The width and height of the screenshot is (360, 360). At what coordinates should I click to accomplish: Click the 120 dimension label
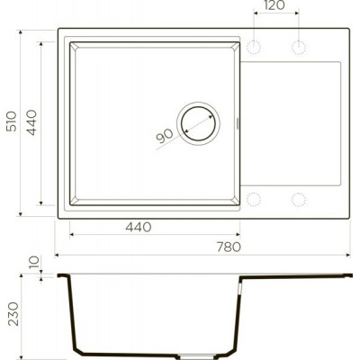(x=274, y=5)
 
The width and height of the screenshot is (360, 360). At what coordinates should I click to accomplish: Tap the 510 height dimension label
(x=12, y=121)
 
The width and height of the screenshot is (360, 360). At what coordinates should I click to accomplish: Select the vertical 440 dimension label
(x=31, y=122)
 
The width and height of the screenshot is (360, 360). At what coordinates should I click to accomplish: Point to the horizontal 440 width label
(x=139, y=227)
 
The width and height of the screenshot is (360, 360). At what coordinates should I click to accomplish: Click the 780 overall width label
(x=229, y=247)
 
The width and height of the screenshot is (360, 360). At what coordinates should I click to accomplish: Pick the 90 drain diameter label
(x=165, y=136)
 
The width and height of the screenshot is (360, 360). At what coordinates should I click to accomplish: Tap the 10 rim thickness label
(x=34, y=262)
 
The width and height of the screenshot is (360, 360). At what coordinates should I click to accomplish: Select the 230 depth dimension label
(x=13, y=314)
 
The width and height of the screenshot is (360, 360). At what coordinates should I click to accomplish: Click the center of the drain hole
(x=199, y=123)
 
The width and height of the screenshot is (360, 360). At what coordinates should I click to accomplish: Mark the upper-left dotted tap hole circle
(x=254, y=48)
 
